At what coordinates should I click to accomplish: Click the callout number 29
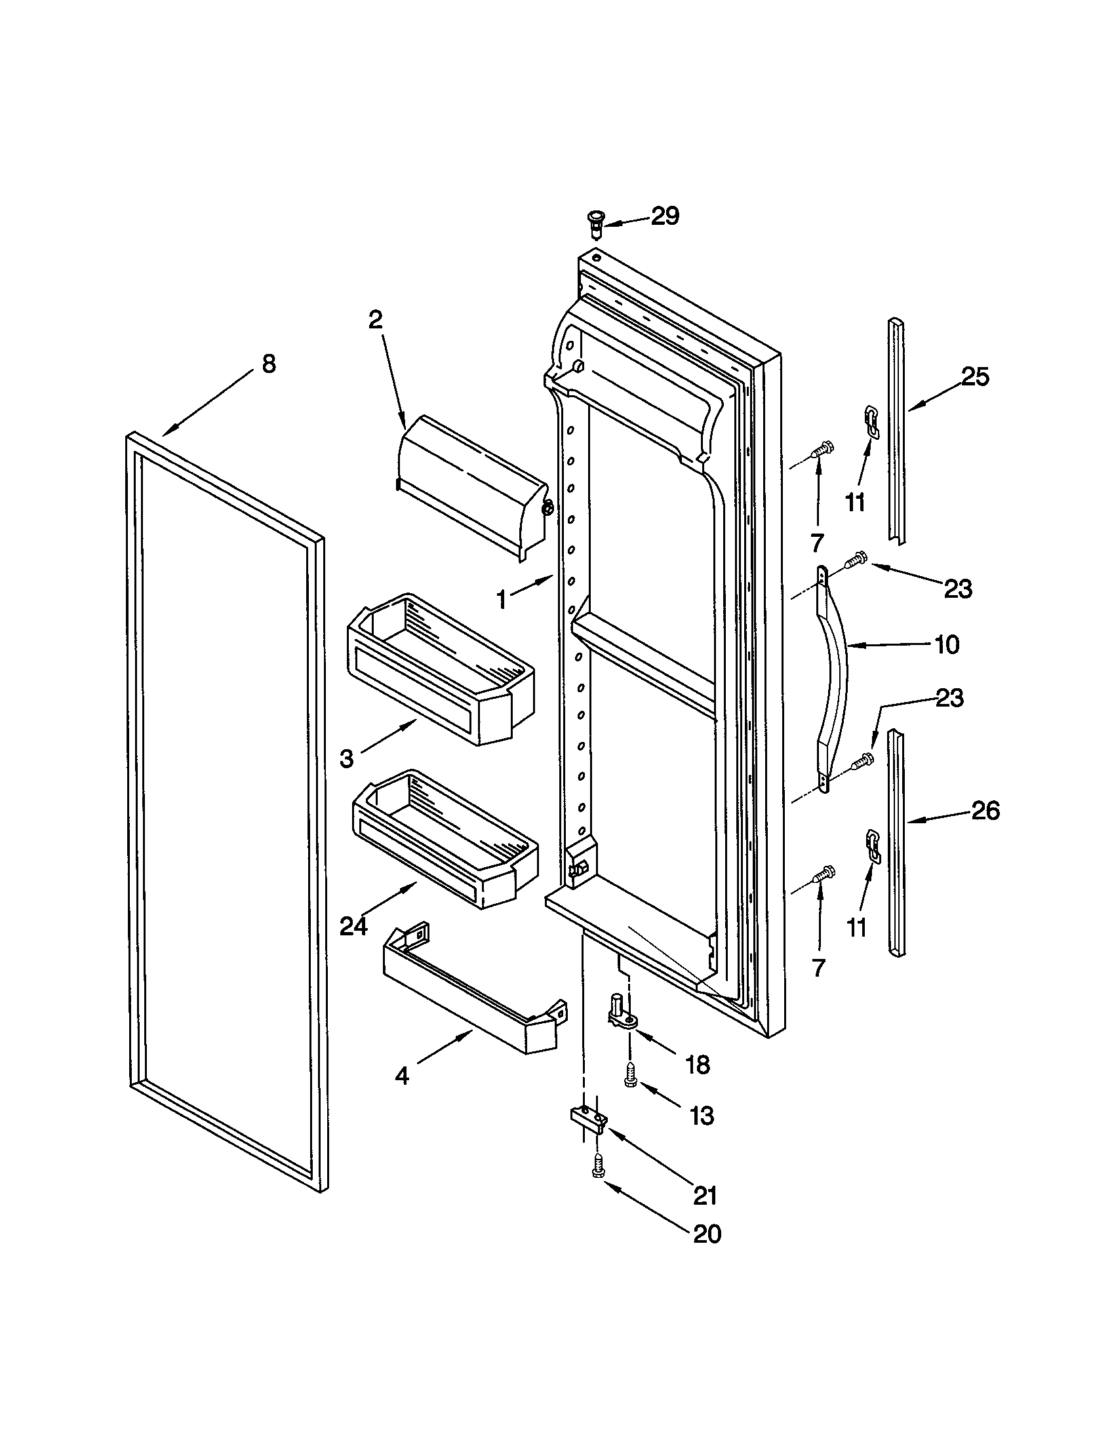[x=665, y=216]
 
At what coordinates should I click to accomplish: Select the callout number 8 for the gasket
[x=269, y=364]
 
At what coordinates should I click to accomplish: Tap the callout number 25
[x=975, y=377]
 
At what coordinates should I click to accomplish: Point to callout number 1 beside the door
[x=502, y=600]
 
